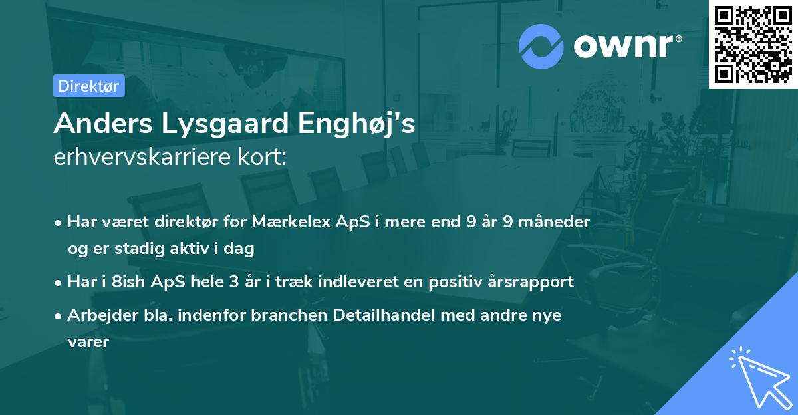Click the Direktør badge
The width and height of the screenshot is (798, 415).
(88, 86)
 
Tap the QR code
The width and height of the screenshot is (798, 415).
(753, 44)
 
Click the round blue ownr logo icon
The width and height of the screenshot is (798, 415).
(541, 46)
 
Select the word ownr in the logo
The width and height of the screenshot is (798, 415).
(626, 46)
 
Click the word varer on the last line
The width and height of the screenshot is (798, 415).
(88, 342)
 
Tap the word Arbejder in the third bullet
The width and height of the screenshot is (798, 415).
(98, 315)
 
